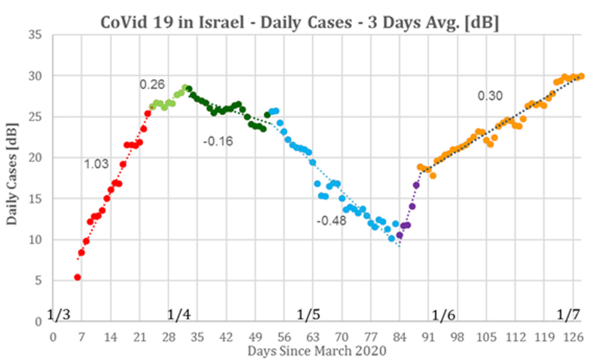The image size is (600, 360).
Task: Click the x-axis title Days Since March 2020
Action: [x=317, y=351]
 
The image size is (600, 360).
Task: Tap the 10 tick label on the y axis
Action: [x=38, y=239]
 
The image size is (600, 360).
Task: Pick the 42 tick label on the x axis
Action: [x=226, y=337]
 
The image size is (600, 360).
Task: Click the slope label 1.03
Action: [x=96, y=163]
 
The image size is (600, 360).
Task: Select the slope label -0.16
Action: [x=217, y=142]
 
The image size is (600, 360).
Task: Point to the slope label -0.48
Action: [x=331, y=221]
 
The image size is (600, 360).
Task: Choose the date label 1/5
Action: [x=309, y=315]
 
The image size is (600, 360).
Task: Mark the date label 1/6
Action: [x=443, y=316]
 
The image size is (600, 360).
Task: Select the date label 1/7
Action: [x=568, y=315]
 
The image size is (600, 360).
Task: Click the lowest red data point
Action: [x=78, y=277]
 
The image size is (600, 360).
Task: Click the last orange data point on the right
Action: [x=581, y=77]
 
